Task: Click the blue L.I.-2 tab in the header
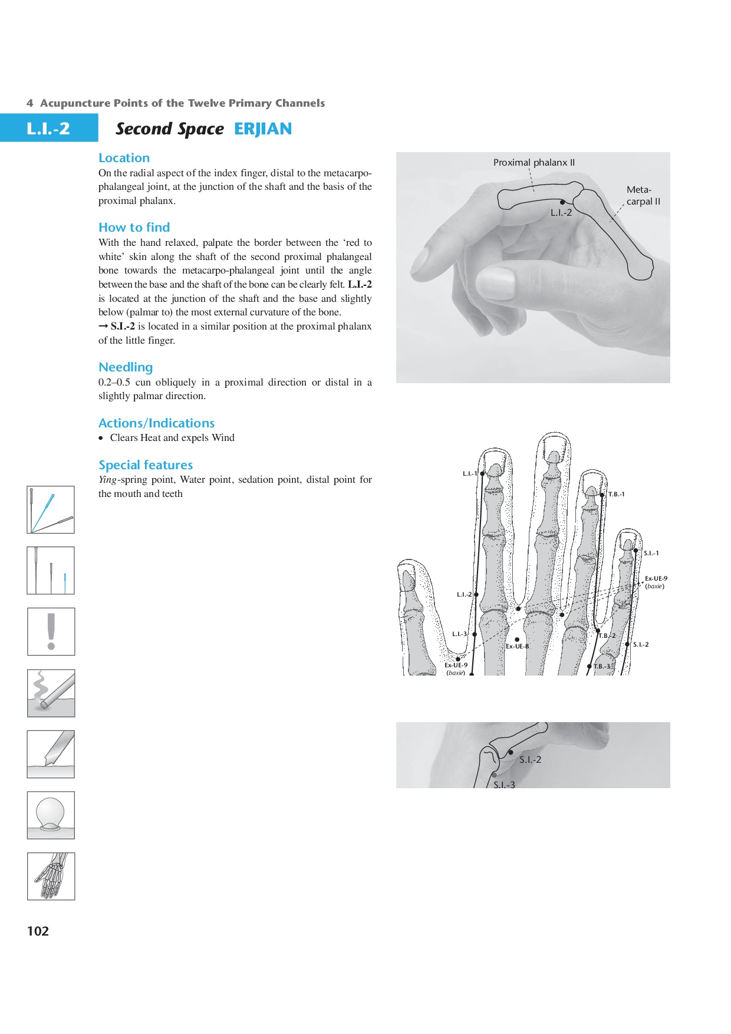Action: [x=48, y=129]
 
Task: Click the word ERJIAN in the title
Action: [x=263, y=129]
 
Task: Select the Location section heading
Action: [x=124, y=158]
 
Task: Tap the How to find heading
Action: [x=134, y=228]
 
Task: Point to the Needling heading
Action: [x=126, y=367]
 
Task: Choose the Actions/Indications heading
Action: [x=156, y=423]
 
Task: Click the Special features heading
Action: [x=146, y=465]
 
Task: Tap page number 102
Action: [x=38, y=931]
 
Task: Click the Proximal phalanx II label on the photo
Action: [x=534, y=162]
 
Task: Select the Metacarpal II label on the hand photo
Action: [x=643, y=196]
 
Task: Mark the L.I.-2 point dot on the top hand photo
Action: [x=562, y=202]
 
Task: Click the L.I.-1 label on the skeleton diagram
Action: [x=469, y=473]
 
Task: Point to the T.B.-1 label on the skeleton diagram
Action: [x=616, y=495]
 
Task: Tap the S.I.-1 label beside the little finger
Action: [x=651, y=554]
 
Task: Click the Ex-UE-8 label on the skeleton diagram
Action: [x=517, y=646]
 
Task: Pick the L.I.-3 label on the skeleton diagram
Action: [x=459, y=634]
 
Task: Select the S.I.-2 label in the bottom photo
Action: [x=530, y=760]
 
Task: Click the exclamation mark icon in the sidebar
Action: [x=51, y=632]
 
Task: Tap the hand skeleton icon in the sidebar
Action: [x=51, y=876]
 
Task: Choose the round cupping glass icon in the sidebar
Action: [x=51, y=815]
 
